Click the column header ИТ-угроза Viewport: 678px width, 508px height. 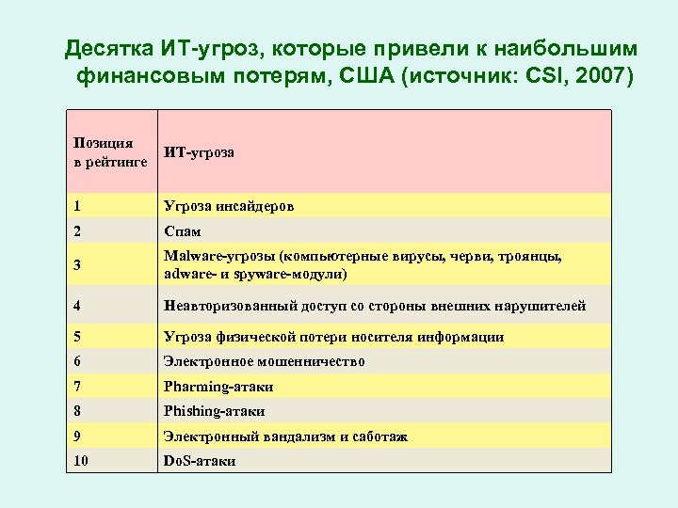[x=199, y=151]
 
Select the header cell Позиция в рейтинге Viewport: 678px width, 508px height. [x=103, y=152]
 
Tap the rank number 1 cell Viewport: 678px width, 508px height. [x=76, y=206]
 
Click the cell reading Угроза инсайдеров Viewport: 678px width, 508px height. [x=228, y=206]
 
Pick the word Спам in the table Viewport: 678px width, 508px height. [x=182, y=231]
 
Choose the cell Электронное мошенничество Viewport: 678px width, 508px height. [x=264, y=361]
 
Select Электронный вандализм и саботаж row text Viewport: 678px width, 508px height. [x=285, y=437]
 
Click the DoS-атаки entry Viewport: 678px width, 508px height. [x=200, y=461]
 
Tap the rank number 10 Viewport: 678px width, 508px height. [x=80, y=461]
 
